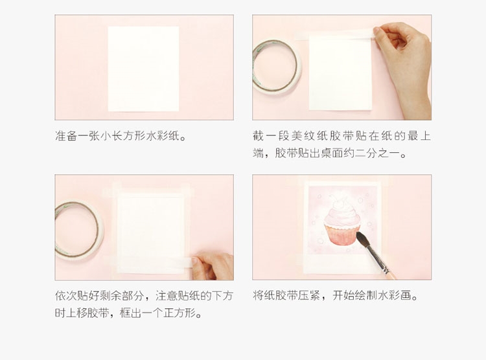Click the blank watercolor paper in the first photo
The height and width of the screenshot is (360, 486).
pyautogui.click(x=143, y=68)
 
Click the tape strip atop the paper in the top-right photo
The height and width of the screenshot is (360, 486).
pyautogui.click(x=337, y=34)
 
